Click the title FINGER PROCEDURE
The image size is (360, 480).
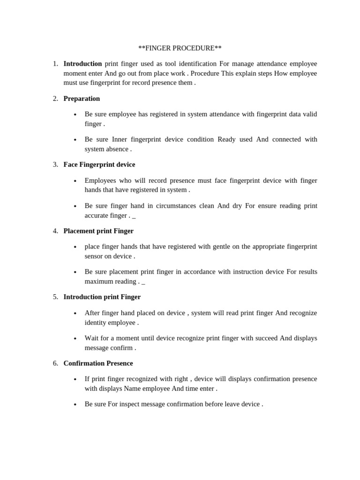coord(180,48)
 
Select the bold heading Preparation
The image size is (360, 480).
coord(82,98)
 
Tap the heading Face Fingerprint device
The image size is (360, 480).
coord(99,165)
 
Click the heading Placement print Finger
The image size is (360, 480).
coord(98,231)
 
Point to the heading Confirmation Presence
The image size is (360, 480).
coord(98,363)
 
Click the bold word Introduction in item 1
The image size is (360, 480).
coord(82,64)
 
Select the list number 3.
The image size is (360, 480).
coord(55,165)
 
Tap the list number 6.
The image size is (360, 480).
coord(55,363)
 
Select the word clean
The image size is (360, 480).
coord(204,206)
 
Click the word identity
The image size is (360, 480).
coord(97,322)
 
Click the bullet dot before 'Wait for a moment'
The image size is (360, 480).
coord(75,338)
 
